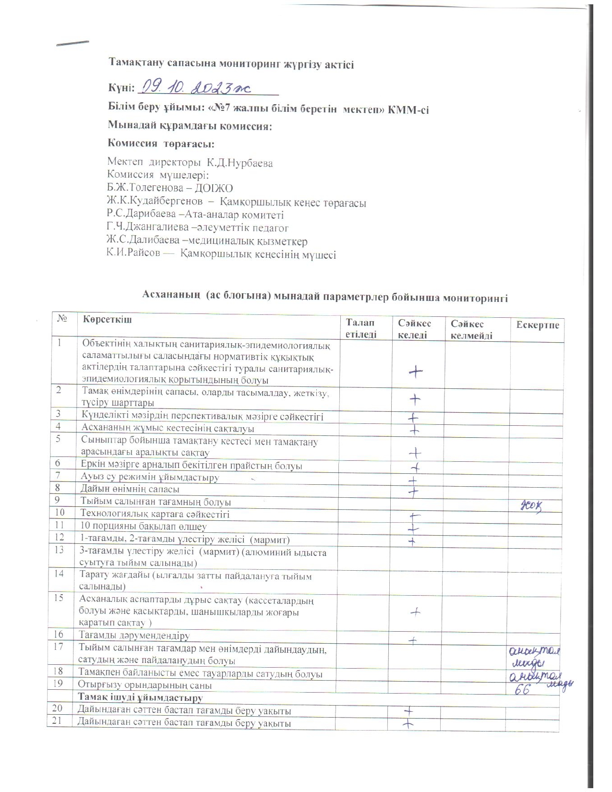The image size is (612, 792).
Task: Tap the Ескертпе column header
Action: point(538,325)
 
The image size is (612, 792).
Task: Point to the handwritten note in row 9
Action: point(532,504)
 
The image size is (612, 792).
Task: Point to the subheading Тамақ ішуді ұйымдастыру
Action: point(140,697)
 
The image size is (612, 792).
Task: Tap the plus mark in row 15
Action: point(416,612)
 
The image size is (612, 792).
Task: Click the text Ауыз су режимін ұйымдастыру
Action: point(150,477)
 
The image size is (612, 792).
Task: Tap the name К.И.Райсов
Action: point(133,254)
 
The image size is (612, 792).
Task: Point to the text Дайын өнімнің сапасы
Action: point(130,489)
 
